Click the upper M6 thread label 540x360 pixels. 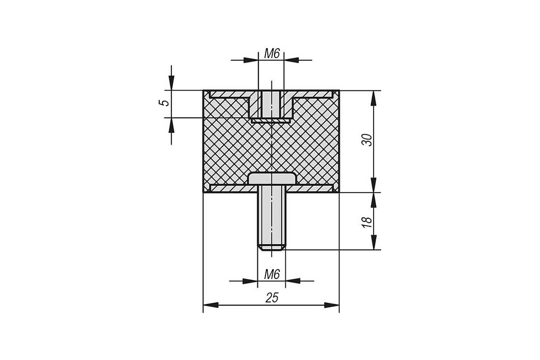click(x=272, y=54)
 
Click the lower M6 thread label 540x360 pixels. click(x=272, y=274)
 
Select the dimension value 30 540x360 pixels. click(x=367, y=139)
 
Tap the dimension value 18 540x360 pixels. click(x=367, y=222)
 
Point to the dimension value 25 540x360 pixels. click(x=272, y=298)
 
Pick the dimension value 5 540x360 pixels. click(x=164, y=103)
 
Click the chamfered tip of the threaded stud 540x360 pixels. click(x=272, y=247)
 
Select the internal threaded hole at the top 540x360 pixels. click(x=271, y=104)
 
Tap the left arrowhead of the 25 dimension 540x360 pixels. click(x=211, y=305)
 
